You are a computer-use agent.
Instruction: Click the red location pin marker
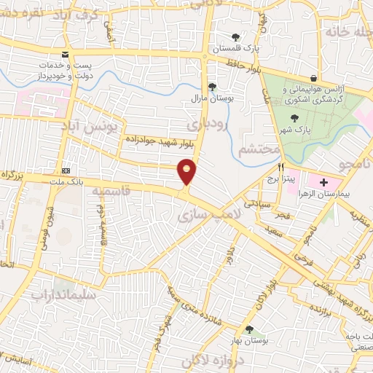click(187, 172)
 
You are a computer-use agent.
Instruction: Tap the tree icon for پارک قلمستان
click(235, 37)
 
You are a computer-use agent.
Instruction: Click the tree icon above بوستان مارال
click(212, 86)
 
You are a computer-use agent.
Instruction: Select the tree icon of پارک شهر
click(294, 118)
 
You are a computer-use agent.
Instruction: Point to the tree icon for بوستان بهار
click(251, 329)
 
